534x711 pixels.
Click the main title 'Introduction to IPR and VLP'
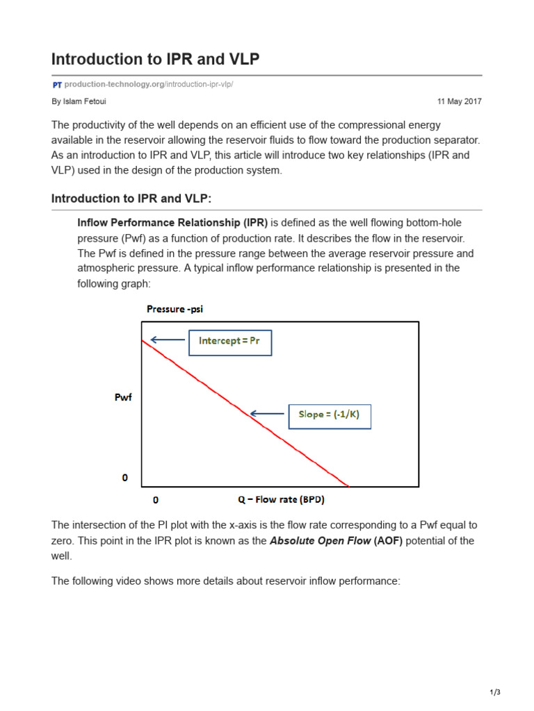point(155,59)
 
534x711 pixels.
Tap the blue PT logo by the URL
point(57,85)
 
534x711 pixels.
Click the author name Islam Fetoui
point(76,101)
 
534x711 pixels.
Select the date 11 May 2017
point(459,101)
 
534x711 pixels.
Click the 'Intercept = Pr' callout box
point(230,342)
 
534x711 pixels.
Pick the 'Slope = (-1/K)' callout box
point(330,415)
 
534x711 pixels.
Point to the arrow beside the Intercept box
point(167,340)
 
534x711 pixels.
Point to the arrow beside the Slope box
point(267,414)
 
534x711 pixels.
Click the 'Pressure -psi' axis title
point(175,309)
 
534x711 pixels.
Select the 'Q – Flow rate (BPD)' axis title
point(281,499)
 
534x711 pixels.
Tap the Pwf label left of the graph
point(122,398)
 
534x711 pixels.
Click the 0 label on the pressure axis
point(125,478)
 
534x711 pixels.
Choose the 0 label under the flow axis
point(156,500)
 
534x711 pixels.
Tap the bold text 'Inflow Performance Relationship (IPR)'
point(172,223)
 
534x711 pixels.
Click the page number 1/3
point(494,692)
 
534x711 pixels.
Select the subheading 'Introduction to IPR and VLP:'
point(131,199)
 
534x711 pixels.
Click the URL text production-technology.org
point(114,85)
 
